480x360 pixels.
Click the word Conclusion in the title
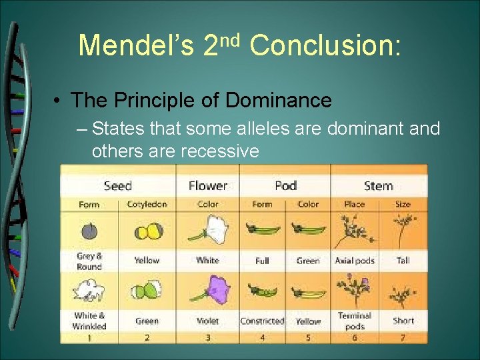pos(325,45)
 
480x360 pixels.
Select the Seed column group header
pos(117,186)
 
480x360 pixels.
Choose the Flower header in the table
pos(207,186)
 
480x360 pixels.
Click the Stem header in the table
pos(378,186)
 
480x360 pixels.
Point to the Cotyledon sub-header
pos(147,204)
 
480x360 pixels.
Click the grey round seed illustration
pos(89,232)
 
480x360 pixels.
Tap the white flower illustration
pos(207,231)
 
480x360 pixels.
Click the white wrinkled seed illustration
pos(89,291)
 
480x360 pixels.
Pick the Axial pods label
pos(355,261)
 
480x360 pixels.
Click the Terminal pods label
pos(355,321)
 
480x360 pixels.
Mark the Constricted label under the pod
pos(262,321)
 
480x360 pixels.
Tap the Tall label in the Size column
pos(403,261)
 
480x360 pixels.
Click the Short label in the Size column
pos(403,321)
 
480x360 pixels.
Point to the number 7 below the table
pos(403,337)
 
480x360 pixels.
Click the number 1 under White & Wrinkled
pos(89,337)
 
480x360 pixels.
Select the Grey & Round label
pos(89,261)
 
